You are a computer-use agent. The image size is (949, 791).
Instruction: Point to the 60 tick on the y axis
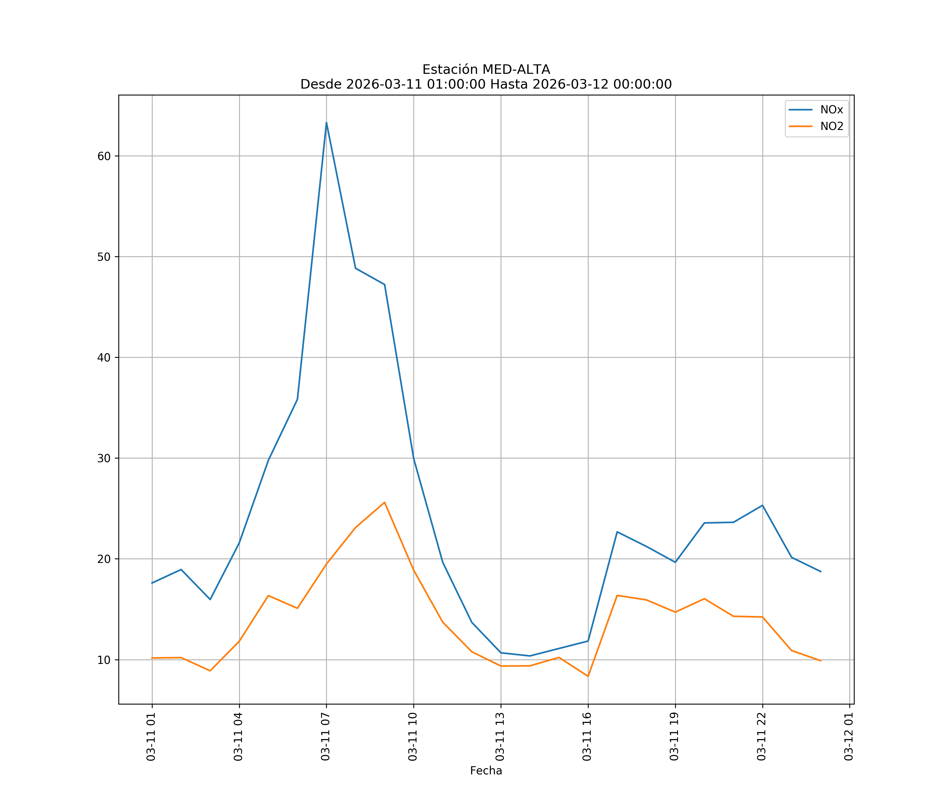coord(104,156)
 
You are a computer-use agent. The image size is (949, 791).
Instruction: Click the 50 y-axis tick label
coord(104,257)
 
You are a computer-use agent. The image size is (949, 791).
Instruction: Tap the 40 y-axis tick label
coord(104,358)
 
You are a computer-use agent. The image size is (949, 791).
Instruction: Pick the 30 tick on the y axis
coord(104,458)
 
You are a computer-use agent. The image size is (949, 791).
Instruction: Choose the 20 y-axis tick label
coord(104,559)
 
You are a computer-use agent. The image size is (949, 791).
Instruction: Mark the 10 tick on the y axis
coord(104,660)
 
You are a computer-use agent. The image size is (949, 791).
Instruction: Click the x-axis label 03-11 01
coord(151,736)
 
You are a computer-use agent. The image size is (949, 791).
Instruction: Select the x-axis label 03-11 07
coord(325,736)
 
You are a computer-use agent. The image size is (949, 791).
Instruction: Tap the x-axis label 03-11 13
coord(500,736)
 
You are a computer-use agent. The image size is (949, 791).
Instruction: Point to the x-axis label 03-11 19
coord(674,736)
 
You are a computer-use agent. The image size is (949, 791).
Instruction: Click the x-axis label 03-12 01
coord(849,736)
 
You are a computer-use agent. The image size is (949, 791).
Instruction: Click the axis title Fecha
coord(486,771)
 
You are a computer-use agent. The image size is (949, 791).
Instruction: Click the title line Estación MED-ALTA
coord(486,70)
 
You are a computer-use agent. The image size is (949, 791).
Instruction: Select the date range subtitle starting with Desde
coord(486,84)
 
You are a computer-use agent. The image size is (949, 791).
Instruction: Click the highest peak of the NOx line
coord(326,123)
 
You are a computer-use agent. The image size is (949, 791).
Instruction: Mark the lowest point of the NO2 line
coord(588,676)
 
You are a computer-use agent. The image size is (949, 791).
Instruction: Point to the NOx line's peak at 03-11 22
coord(762,505)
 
